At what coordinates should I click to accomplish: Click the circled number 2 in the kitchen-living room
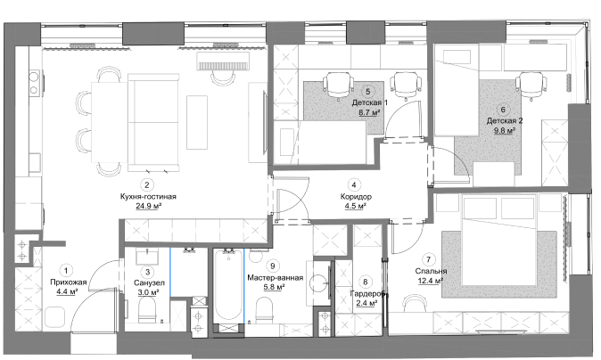coord(147,185)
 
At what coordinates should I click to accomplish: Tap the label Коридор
coord(356,197)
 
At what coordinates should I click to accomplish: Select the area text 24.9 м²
coord(148,207)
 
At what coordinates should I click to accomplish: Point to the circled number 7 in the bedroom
coord(429,259)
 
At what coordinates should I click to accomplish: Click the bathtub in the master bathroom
coord(229,286)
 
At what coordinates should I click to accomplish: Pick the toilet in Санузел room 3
coord(147,309)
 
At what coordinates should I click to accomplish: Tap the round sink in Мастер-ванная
coord(318,283)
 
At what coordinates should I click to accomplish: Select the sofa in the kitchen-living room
coord(153,122)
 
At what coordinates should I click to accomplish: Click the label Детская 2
coord(505,121)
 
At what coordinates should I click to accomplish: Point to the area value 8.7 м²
coord(369,112)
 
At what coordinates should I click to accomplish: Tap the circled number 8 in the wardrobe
coord(366,282)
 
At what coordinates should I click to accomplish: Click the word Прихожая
coord(69,282)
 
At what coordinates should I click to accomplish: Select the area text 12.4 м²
coord(430,281)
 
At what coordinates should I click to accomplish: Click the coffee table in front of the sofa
coord(197,123)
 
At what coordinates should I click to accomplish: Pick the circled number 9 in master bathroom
coord(273,266)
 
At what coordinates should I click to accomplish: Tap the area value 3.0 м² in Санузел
coord(148,292)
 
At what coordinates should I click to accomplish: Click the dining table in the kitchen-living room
coord(110,122)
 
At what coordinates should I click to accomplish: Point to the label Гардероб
coord(367,293)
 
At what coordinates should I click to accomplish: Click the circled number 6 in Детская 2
coord(503,110)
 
